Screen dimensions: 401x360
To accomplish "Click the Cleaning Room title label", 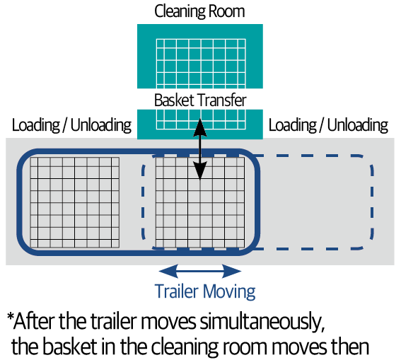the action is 199,11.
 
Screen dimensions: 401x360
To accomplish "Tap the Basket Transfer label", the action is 200,100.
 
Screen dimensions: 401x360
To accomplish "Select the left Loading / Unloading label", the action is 71,125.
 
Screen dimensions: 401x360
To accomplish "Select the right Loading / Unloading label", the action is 328,125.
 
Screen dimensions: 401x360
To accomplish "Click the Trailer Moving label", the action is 205,291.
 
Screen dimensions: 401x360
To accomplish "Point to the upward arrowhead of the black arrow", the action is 199,127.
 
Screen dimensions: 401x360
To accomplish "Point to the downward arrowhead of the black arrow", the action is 199,170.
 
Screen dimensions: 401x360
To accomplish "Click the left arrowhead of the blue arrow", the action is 168,272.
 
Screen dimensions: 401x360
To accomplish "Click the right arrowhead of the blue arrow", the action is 232,272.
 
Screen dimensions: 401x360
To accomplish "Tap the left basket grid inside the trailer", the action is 75,202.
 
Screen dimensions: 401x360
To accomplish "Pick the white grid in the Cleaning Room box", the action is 201,64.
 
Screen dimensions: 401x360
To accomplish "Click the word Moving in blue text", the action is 229,291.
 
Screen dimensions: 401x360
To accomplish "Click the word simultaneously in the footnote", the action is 262,322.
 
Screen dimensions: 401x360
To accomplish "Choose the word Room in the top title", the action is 226,11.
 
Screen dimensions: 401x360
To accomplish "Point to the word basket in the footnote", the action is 69,347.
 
